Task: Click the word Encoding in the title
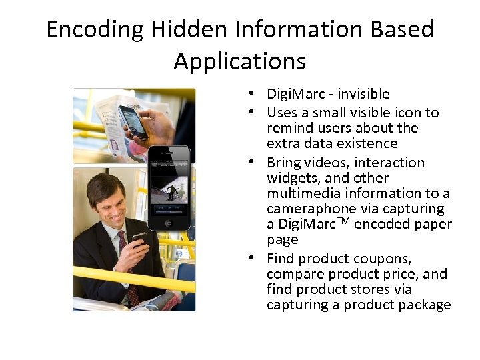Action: (95, 30)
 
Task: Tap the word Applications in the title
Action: (240, 61)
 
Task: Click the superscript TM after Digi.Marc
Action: (343, 221)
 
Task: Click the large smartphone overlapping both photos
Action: (169, 188)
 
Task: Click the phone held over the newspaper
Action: (133, 122)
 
